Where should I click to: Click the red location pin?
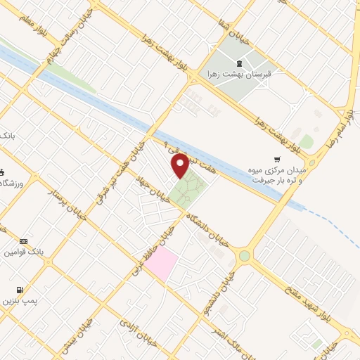point(181,166)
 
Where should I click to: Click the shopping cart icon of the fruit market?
point(278,160)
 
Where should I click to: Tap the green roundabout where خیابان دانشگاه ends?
point(244,256)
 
